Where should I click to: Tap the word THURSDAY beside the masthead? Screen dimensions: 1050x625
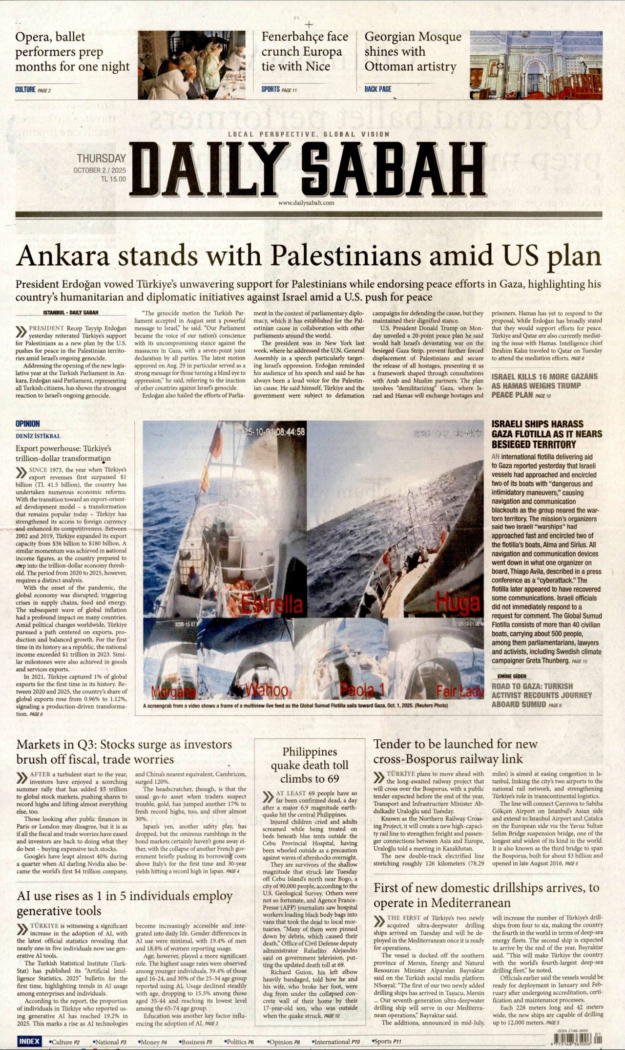[x=101, y=158]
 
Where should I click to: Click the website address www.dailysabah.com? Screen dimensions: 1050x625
[x=306, y=203]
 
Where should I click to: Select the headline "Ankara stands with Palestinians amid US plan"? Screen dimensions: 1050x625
[x=308, y=255]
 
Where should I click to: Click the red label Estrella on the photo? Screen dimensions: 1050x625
[x=272, y=605]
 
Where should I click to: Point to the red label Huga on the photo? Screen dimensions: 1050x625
[x=457, y=602]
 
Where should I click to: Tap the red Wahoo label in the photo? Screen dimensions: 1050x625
[x=266, y=690]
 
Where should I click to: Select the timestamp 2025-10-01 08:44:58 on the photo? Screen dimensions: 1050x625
[x=270, y=432]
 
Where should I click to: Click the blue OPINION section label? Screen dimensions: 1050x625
[x=27, y=424]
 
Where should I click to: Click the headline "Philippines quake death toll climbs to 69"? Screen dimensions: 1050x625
[x=310, y=765]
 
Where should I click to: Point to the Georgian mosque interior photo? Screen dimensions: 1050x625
[x=536, y=65]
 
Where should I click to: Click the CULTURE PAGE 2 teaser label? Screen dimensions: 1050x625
[x=33, y=90]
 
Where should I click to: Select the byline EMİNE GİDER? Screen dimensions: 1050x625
[x=512, y=676]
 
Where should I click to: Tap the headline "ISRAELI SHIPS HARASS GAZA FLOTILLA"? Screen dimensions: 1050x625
[x=546, y=434]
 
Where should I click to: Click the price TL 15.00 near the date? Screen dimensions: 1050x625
[x=113, y=179]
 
